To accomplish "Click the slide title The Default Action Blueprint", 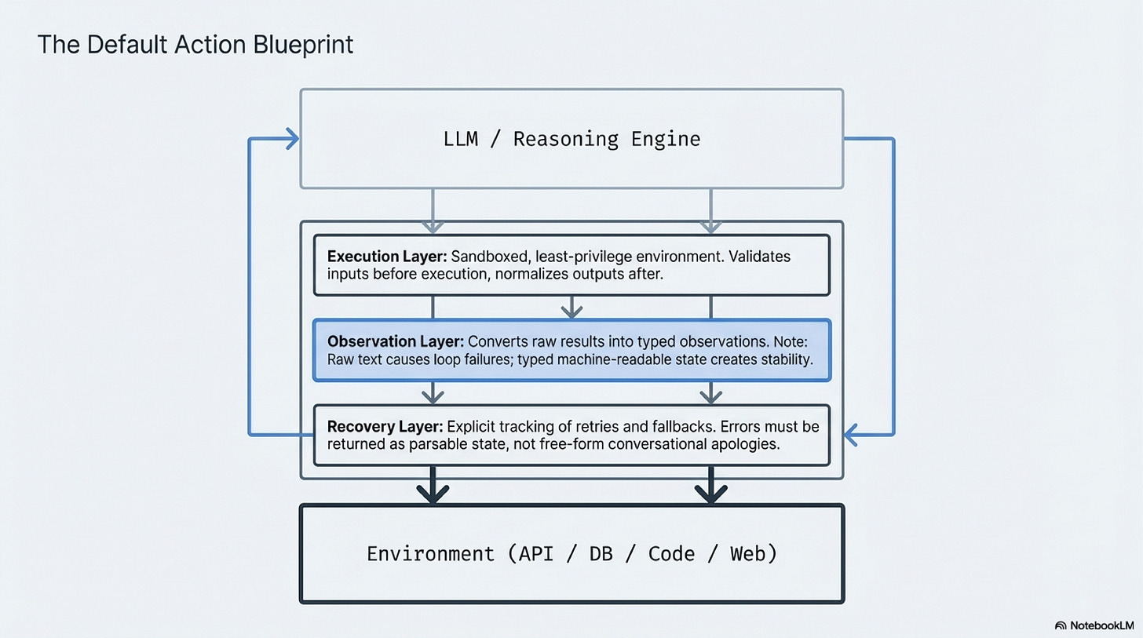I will pyautogui.click(x=195, y=45).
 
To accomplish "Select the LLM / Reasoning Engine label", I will pyautogui.click(x=571, y=140).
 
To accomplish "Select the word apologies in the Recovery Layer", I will pyautogui.click(x=752, y=443).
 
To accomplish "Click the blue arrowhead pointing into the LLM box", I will pyautogui.click(x=293, y=140).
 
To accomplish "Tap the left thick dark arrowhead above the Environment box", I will pyautogui.click(x=433, y=494).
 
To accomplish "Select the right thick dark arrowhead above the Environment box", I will pyautogui.click(x=711, y=494).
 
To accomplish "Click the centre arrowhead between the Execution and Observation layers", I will pyautogui.click(x=571, y=312).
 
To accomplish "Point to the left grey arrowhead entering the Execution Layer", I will pyautogui.click(x=433, y=227).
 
